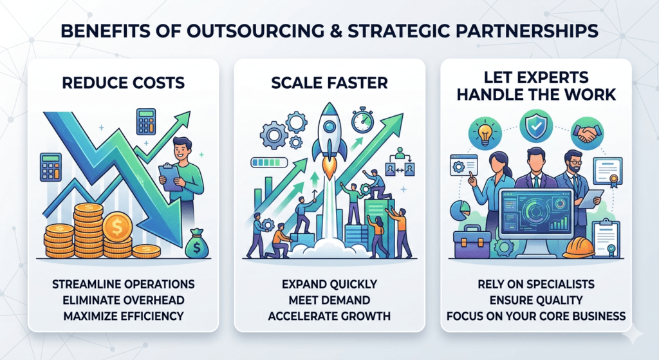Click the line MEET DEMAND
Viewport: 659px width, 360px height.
329,300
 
